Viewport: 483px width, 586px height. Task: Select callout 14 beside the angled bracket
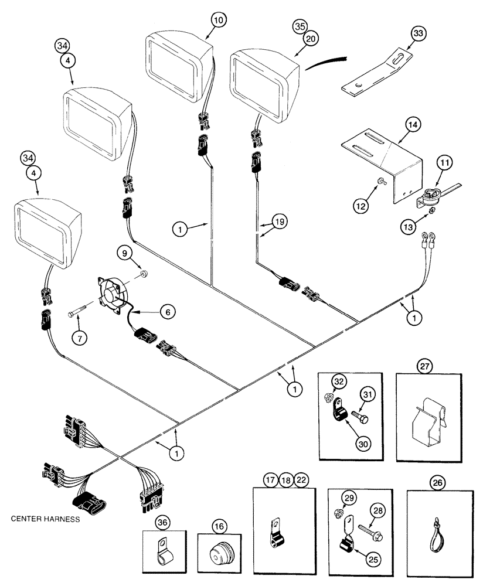pos(412,124)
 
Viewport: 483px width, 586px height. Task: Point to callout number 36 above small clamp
pos(162,522)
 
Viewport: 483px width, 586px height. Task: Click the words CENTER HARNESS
pos(45,519)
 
